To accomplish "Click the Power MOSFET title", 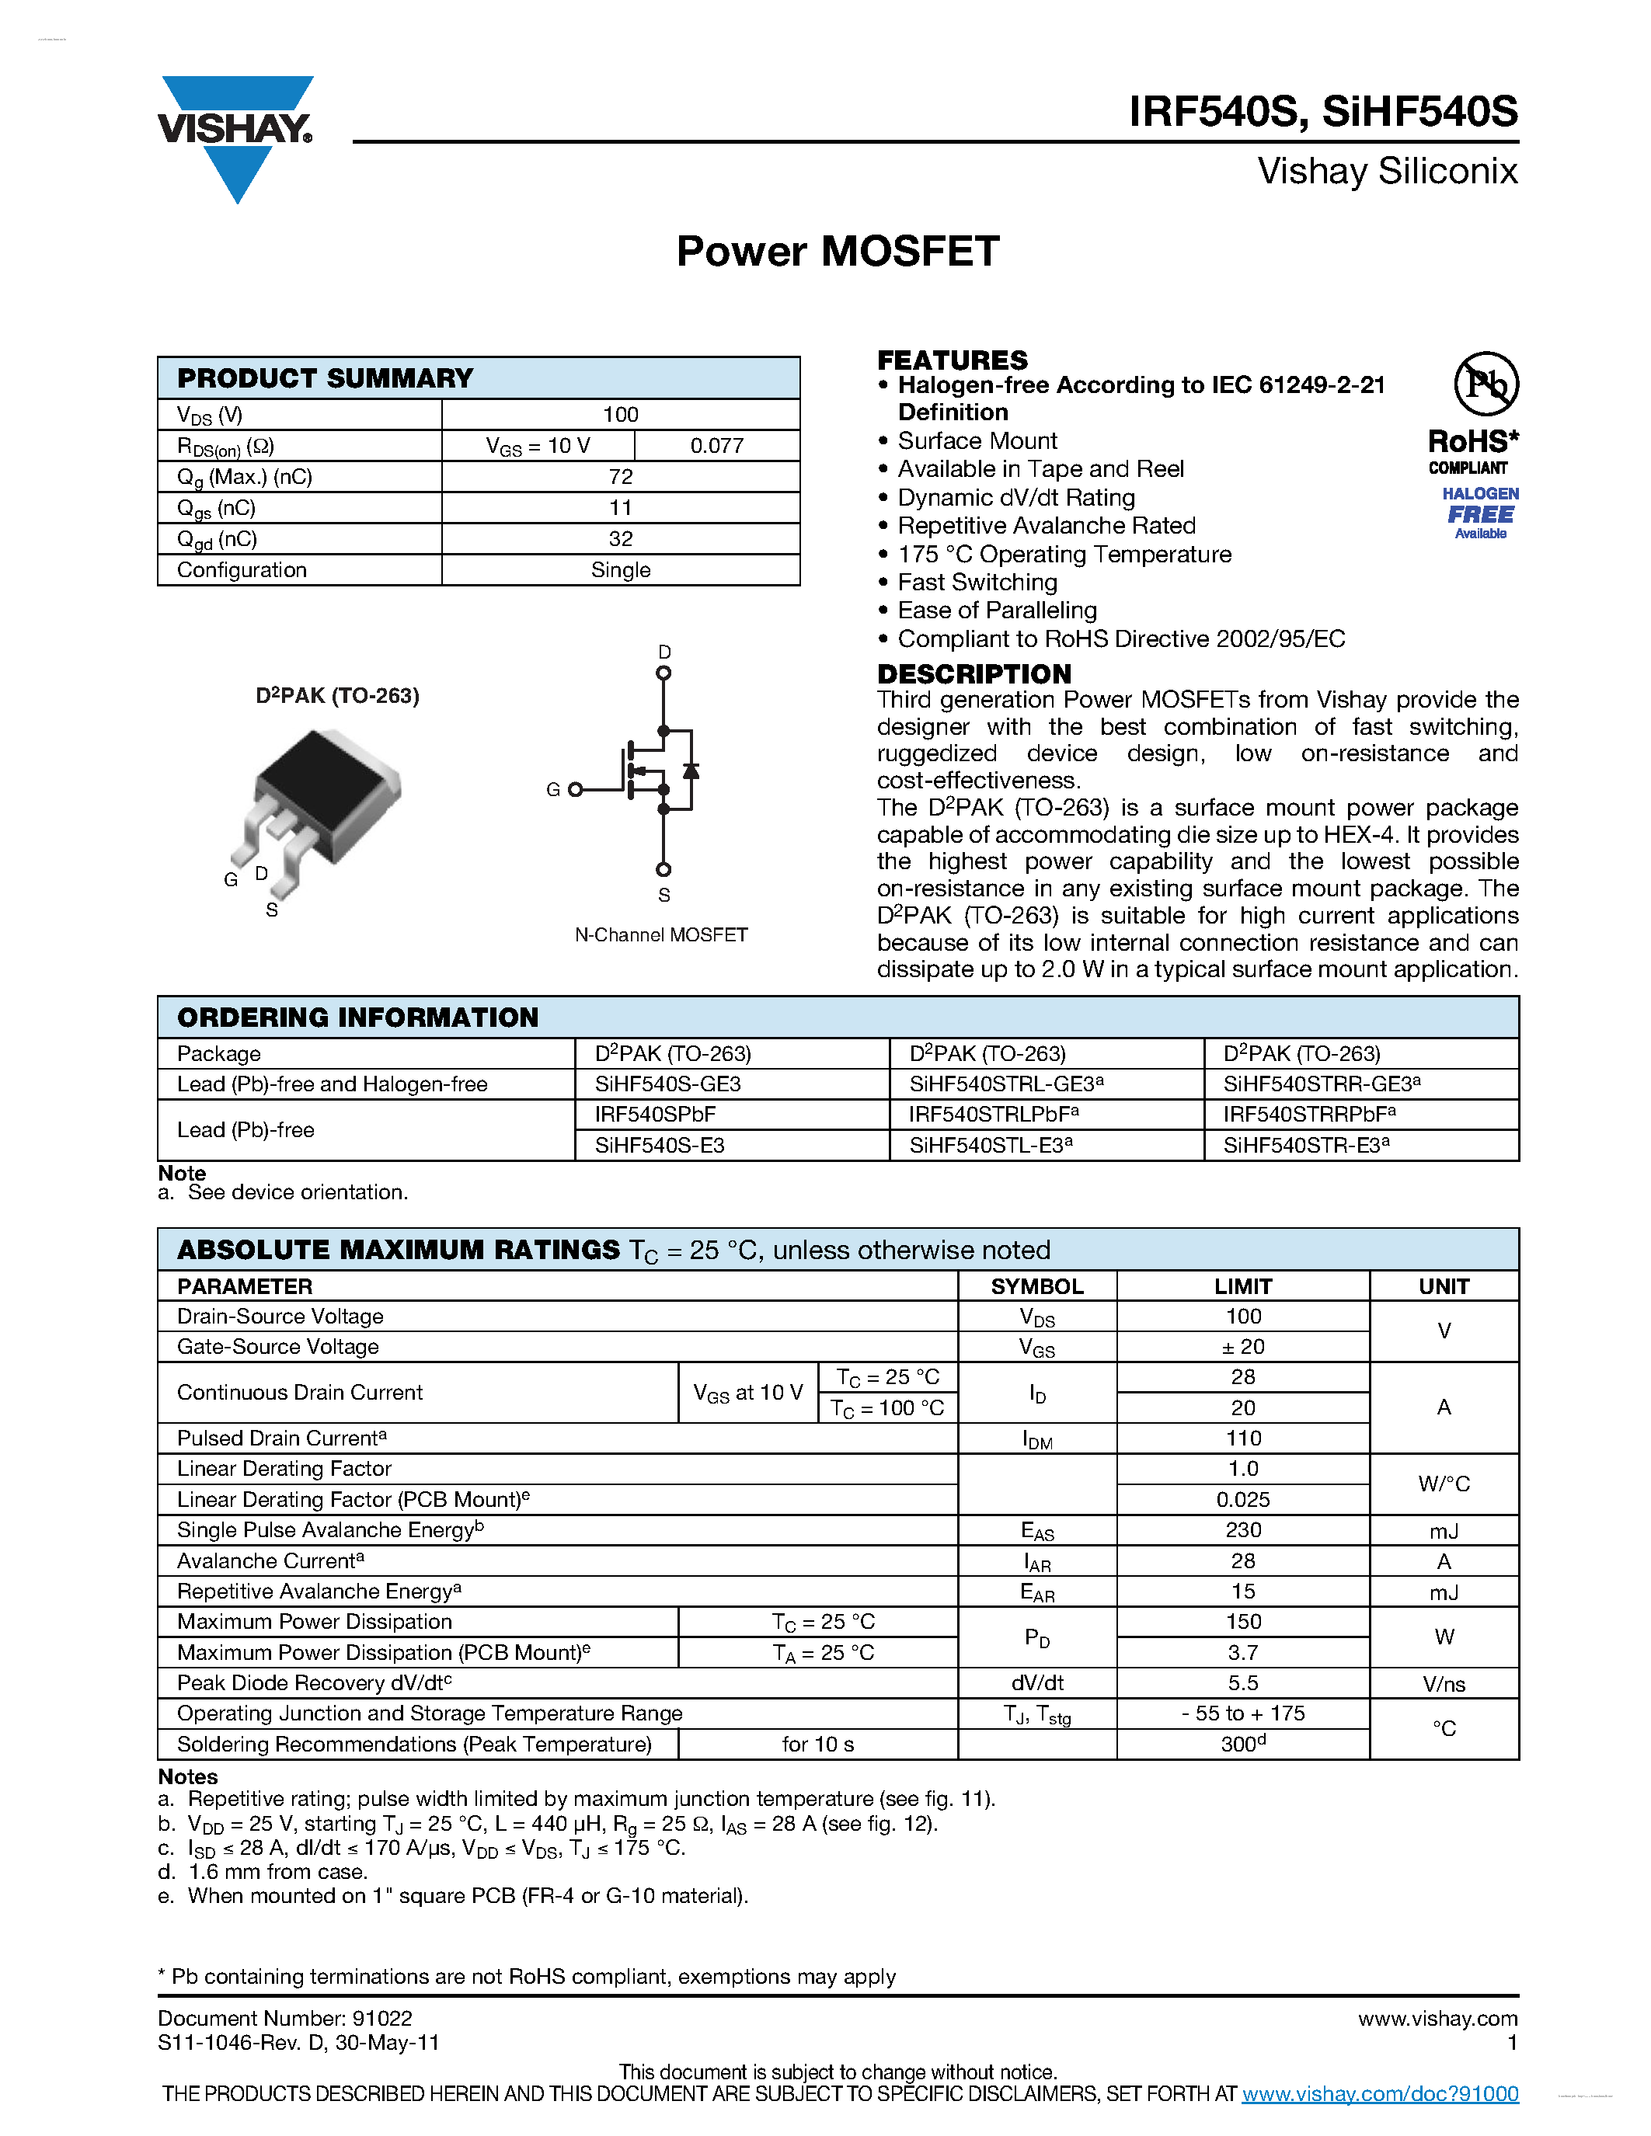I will pyautogui.click(x=838, y=252).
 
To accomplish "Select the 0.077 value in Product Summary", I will pyautogui.click(x=717, y=446).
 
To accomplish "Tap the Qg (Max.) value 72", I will pyautogui.click(x=620, y=477).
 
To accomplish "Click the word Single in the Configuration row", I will pyautogui.click(x=620, y=570).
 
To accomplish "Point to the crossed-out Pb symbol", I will pyautogui.click(x=1485, y=384).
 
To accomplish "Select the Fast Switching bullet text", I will pyautogui.click(x=977, y=583).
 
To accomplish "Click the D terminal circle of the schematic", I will pyautogui.click(x=664, y=673).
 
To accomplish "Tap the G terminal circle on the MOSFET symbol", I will pyautogui.click(x=575, y=789).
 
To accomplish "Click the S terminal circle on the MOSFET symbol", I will pyautogui.click(x=664, y=869).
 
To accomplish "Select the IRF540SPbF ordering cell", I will pyautogui.click(x=655, y=1115).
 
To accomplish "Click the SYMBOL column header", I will pyautogui.click(x=1036, y=1286).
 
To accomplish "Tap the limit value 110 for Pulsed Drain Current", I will pyautogui.click(x=1243, y=1438).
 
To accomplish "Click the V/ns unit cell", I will pyautogui.click(x=1444, y=1684).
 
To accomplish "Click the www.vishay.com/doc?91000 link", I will pyautogui.click(x=1379, y=2094).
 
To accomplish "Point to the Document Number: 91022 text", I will pyautogui.click(x=284, y=2019).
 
